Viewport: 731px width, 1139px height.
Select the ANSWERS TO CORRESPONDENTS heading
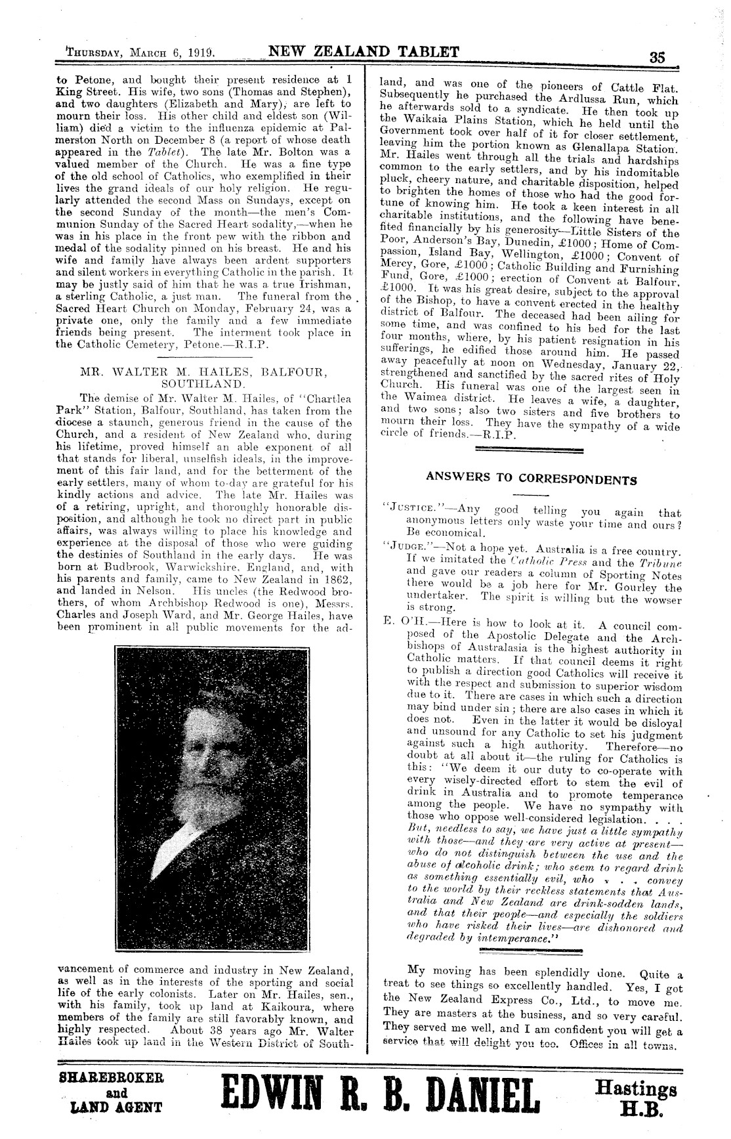click(x=531, y=479)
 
